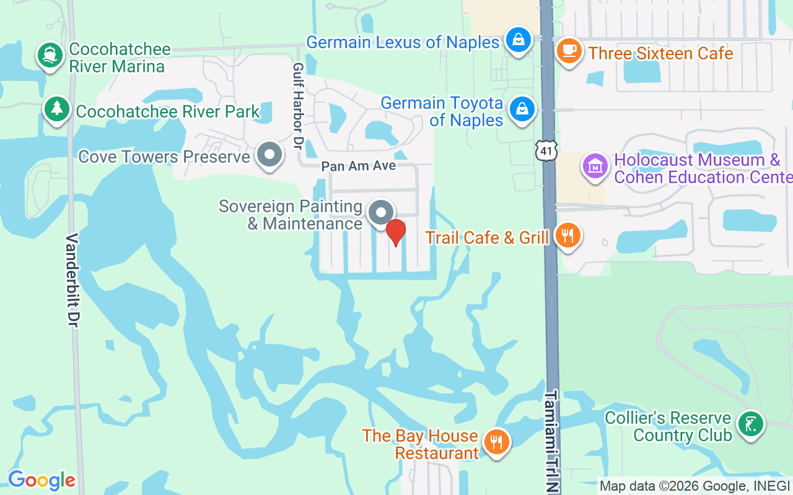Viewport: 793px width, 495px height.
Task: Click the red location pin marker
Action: pos(395,232)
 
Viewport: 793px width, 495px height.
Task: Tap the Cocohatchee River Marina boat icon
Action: pos(50,56)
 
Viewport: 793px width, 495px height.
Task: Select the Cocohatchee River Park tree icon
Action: pos(57,110)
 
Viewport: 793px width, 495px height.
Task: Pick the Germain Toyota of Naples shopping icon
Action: pos(522,109)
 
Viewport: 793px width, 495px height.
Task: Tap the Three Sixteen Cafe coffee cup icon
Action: pos(567,50)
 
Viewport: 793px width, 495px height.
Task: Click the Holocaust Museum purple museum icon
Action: pos(595,166)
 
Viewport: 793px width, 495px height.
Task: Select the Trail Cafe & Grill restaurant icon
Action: pos(567,235)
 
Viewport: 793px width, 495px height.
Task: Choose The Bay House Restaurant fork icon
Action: pos(497,442)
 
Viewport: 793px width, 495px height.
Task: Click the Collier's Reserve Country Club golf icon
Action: pos(751,424)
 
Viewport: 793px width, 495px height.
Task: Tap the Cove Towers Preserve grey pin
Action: pos(269,155)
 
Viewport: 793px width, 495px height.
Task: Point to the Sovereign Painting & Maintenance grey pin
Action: pos(381,212)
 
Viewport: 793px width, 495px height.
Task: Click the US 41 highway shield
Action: pos(548,149)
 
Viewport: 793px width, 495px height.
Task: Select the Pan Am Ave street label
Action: pos(358,166)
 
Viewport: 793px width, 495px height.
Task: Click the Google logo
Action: pos(42,480)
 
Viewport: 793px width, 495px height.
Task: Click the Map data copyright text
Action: pos(694,486)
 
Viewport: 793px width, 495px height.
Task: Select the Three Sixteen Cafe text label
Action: pos(660,53)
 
